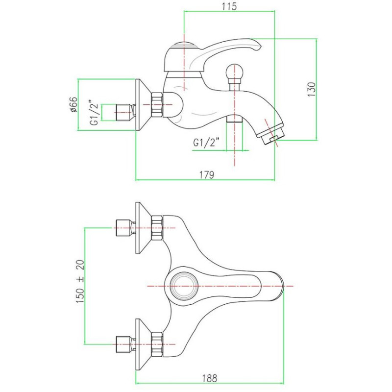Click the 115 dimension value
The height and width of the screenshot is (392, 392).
(x=229, y=6)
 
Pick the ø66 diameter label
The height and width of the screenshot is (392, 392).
(x=73, y=105)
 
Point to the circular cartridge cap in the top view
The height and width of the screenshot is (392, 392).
(x=183, y=285)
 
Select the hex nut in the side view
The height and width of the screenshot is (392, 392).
(x=157, y=104)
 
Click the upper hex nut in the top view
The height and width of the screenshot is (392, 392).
(x=157, y=229)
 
